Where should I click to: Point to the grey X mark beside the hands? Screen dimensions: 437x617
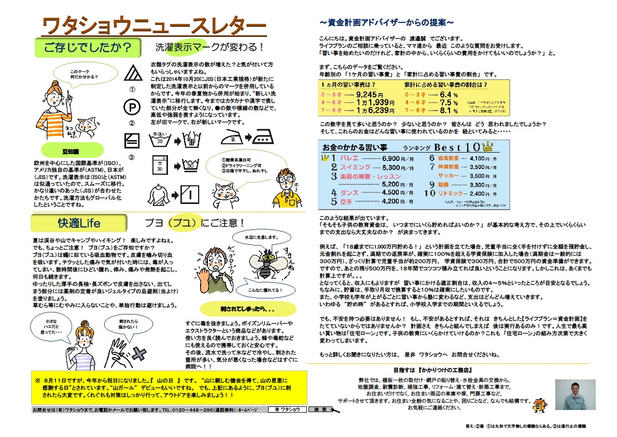(140, 354)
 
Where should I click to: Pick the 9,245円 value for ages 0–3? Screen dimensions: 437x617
(370, 95)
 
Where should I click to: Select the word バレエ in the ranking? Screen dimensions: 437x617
(349, 158)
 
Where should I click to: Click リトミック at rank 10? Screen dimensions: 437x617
(451, 193)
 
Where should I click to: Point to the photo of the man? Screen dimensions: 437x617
(574, 395)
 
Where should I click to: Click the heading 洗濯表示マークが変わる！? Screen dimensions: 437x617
(210, 47)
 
